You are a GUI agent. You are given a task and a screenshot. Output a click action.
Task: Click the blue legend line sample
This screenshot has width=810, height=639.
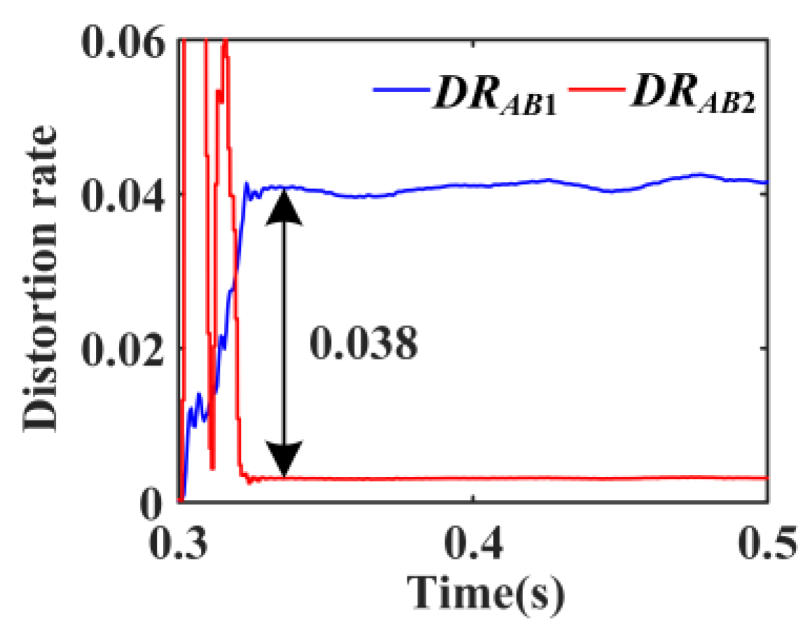point(398,89)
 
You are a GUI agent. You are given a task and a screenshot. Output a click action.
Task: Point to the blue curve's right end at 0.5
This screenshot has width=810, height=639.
point(767,182)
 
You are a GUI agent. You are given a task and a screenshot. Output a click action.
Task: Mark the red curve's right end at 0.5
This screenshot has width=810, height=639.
point(767,478)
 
